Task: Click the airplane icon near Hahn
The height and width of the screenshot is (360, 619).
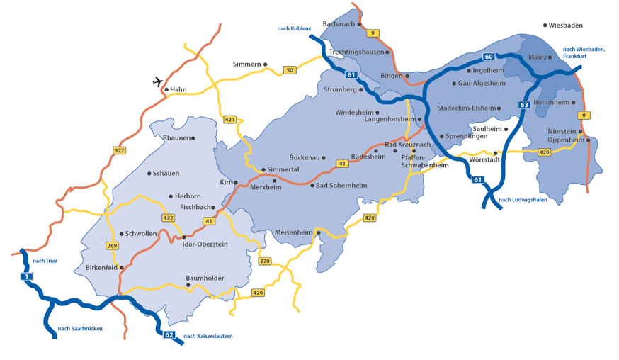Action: point(158,81)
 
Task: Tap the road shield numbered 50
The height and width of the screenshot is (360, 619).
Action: point(289,70)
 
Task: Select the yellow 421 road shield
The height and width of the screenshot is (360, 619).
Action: point(229,119)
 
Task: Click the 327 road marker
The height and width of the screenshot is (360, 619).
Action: point(119,150)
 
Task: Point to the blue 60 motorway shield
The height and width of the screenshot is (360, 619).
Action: point(489,56)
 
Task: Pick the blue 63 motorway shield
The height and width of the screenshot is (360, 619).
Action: point(524,105)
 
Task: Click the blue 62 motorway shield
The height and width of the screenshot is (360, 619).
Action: point(169,334)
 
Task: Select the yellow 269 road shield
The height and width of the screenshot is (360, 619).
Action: point(112,246)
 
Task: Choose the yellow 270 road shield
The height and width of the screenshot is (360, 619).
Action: point(265,261)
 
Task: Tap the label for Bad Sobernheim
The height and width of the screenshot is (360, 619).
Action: point(341,186)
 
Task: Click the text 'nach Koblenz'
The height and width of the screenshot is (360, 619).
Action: point(294,28)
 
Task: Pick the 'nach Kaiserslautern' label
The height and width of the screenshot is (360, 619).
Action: point(208,336)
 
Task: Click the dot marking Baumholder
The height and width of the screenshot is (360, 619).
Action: point(188,285)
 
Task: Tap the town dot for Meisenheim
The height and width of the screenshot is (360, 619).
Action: point(319,232)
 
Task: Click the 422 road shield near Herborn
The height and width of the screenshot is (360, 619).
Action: point(168,218)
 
